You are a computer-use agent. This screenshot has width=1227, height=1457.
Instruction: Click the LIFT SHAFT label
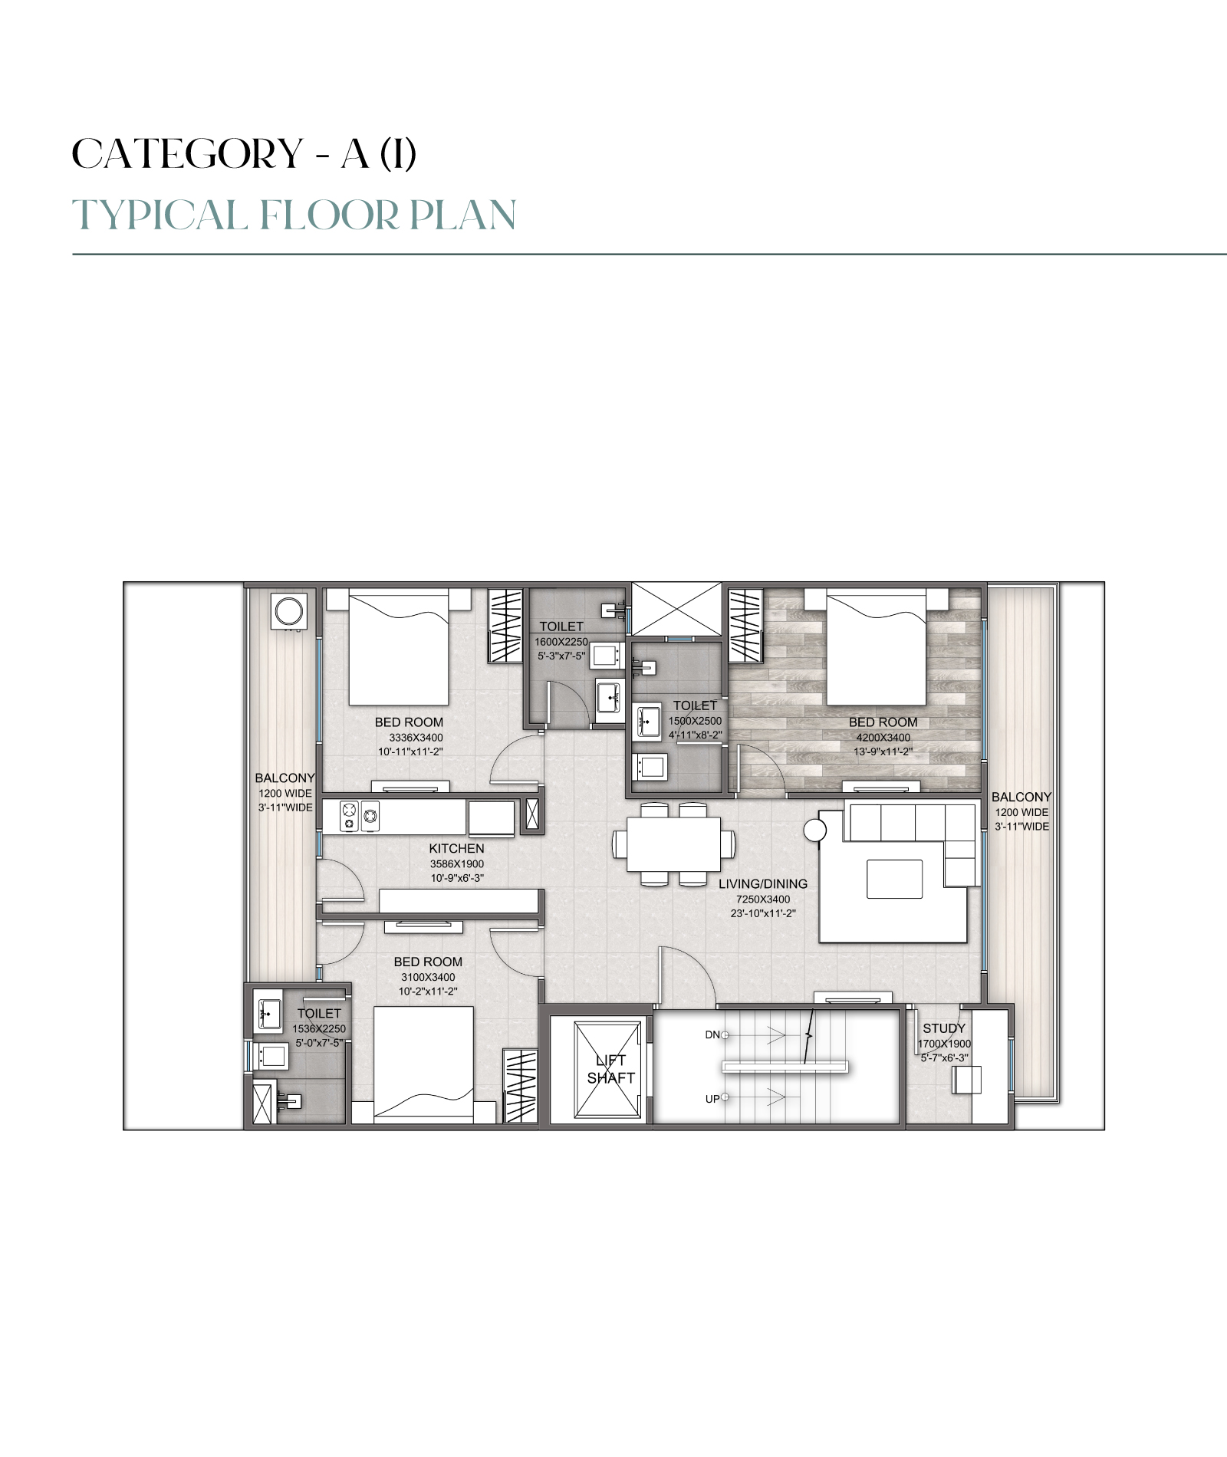611,1069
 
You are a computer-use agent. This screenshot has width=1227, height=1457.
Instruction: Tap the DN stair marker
712,1034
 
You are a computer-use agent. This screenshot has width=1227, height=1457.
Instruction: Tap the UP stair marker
712,1099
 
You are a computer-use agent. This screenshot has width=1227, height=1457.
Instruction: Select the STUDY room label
944,1028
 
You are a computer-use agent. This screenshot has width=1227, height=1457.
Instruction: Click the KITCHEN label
456,848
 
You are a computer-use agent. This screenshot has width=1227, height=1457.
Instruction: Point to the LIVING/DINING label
763,883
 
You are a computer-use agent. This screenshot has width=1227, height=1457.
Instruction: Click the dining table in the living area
673,844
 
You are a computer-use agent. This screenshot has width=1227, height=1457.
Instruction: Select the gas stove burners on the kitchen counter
360,816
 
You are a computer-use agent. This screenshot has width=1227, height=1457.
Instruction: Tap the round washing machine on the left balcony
290,613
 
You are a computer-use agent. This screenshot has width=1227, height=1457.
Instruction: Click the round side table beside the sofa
814,830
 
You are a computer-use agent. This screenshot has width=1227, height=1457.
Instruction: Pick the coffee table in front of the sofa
894,878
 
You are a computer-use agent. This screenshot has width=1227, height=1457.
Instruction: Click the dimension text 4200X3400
883,738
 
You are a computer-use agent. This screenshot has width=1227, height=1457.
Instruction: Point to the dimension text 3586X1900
456,863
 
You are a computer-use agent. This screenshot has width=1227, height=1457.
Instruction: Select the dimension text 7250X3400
763,899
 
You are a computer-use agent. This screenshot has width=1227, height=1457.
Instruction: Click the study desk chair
966,1080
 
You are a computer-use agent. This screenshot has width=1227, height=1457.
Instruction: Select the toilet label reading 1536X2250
319,1028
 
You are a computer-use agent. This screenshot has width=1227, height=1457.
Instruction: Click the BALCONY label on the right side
1021,797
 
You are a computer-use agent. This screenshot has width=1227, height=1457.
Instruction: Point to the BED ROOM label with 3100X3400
428,962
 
